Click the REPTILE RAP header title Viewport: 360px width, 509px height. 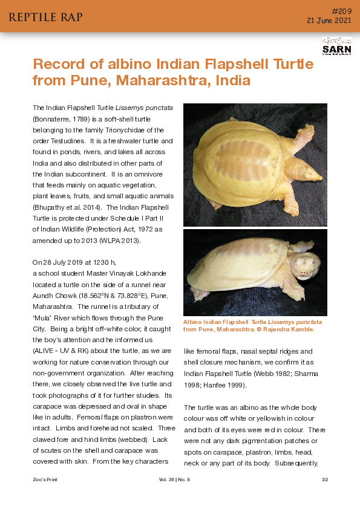click(x=45, y=16)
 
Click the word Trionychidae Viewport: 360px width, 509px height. click(x=122, y=129)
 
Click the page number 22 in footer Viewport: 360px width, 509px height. click(x=324, y=479)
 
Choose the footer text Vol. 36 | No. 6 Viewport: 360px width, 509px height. click(x=175, y=479)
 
